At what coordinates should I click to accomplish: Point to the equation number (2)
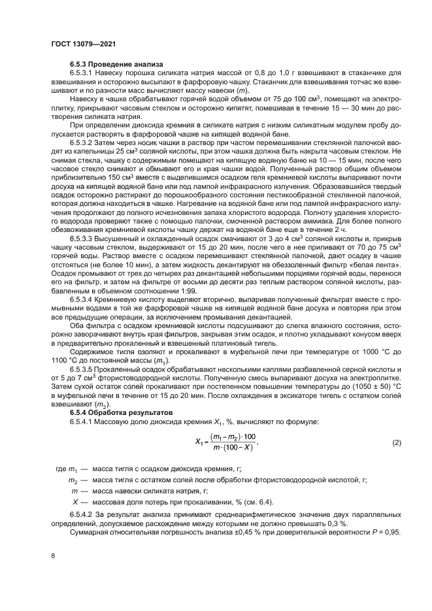click(x=395, y=443)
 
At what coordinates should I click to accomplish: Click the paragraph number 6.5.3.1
click(x=84, y=74)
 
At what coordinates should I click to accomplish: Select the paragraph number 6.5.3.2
click(x=84, y=141)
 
